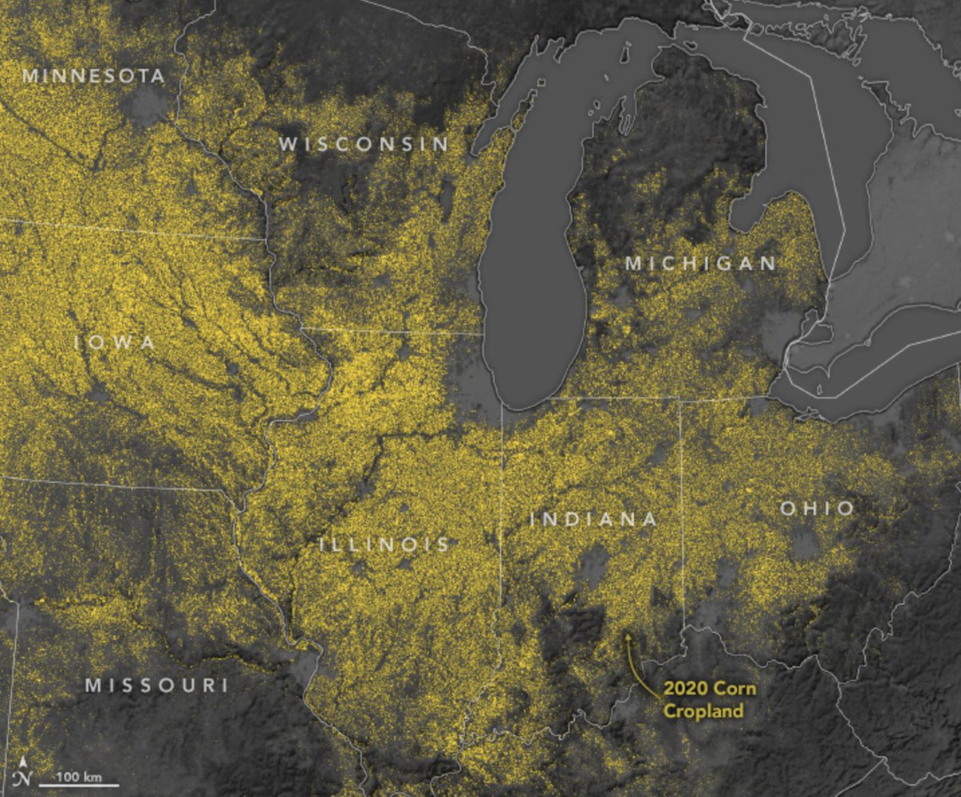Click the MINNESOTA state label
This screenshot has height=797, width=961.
pyautogui.click(x=94, y=76)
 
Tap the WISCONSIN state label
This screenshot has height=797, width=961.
pyautogui.click(x=364, y=144)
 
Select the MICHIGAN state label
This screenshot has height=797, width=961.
pyautogui.click(x=700, y=263)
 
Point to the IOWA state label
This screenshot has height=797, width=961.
pyautogui.click(x=115, y=342)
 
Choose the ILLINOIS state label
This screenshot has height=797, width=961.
pyautogui.click(x=384, y=545)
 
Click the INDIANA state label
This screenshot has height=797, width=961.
pyautogui.click(x=593, y=519)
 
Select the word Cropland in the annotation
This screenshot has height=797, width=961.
pyautogui.click(x=702, y=711)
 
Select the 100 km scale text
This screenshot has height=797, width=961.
pyautogui.click(x=78, y=776)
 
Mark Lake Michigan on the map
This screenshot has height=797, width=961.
pyautogui.click(x=533, y=280)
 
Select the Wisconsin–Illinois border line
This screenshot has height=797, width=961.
pyautogui.click(x=392, y=330)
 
